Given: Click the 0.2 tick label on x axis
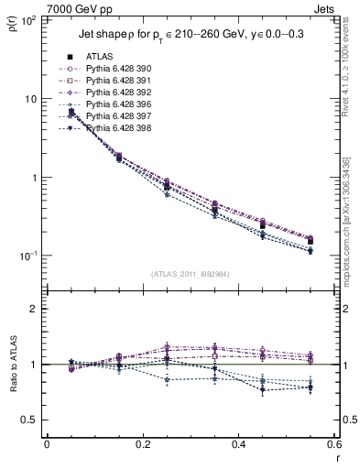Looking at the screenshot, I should pos(141,445).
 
